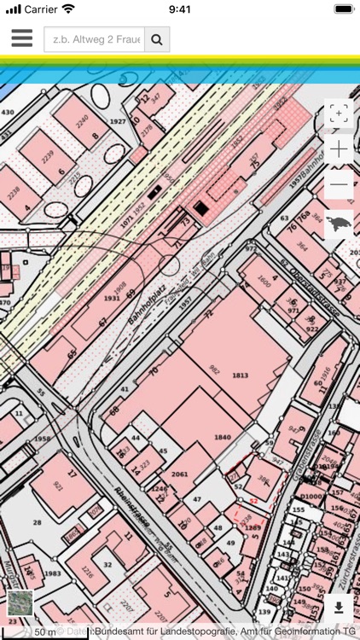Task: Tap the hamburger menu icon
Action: click(21, 38)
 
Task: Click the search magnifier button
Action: click(157, 39)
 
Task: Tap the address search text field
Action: click(94, 39)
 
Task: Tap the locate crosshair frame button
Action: click(339, 114)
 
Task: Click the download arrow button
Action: click(339, 608)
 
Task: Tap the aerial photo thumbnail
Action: click(20, 603)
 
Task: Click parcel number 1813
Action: click(240, 375)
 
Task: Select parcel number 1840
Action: click(222, 437)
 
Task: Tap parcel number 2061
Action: click(179, 474)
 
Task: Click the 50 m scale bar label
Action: click(44, 632)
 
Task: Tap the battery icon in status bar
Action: click(343, 9)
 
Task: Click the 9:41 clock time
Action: click(180, 9)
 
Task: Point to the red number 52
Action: click(253, 501)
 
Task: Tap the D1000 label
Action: click(311, 497)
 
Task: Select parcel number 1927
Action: click(118, 122)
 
